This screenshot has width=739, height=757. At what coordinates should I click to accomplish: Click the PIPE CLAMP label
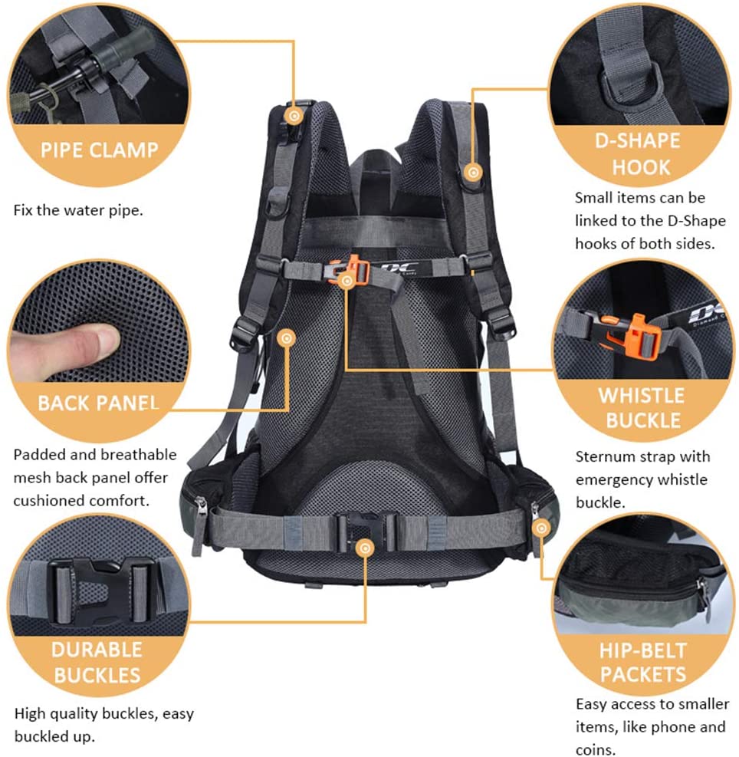(99, 150)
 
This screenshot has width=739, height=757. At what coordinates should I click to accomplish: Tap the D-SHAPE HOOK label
(638, 154)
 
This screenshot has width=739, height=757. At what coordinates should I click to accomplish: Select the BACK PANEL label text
(98, 403)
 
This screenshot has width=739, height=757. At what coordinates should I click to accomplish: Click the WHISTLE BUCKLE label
(642, 408)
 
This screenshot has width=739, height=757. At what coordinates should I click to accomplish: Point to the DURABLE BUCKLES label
(97, 663)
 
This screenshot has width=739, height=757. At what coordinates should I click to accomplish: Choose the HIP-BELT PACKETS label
(643, 663)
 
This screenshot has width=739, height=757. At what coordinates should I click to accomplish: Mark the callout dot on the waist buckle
(365, 548)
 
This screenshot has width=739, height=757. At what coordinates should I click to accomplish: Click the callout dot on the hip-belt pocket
(541, 528)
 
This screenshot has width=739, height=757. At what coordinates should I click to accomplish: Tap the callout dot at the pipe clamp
(294, 116)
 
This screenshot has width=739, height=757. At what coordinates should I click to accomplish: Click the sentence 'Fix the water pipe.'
(78, 210)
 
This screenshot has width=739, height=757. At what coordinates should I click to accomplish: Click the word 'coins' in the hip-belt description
(595, 750)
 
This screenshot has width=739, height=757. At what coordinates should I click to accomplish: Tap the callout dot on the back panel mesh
(287, 338)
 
